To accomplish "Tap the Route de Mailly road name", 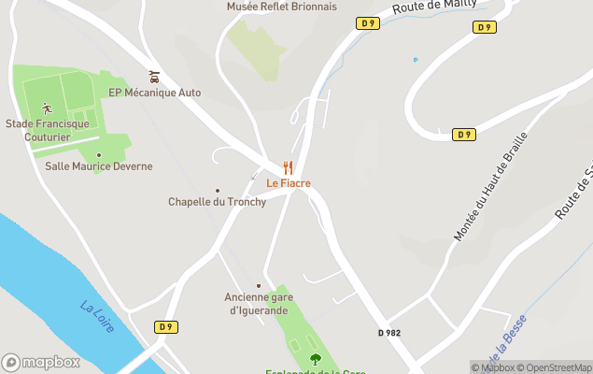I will coord(435,7).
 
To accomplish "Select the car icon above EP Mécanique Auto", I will coord(154,77).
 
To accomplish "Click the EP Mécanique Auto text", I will coord(154,93).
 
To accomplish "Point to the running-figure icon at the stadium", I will coord(47,108).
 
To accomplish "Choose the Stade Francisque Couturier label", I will coord(47,130).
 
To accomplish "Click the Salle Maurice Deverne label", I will coord(99,166).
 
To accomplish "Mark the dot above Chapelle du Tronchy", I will coord(218,190).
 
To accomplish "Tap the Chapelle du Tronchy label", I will coord(217,202).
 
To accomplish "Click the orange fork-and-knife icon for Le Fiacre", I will coord(288,167).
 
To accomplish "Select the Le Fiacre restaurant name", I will coord(288,183).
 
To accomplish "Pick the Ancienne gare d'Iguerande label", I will coord(259,304).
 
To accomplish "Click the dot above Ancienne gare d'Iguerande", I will coord(259,286).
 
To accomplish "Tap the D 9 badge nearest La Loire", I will coord(165,326).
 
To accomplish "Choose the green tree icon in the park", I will coord(315,357).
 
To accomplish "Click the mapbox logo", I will coord(40,362).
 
